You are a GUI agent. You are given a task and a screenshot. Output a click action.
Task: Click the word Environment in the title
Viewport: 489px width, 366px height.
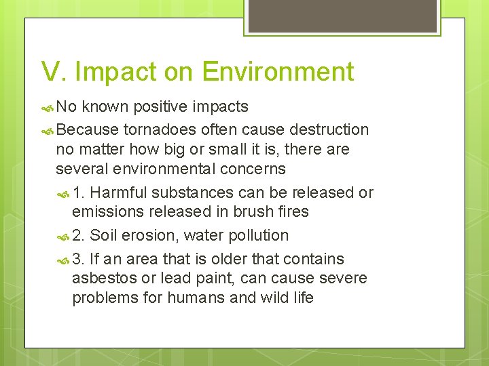278,72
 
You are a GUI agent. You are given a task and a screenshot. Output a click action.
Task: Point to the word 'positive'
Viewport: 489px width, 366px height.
162,106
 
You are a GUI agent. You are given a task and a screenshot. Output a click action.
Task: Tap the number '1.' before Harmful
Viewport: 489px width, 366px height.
78,192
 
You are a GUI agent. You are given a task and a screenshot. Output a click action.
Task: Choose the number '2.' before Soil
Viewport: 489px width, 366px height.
78,235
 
